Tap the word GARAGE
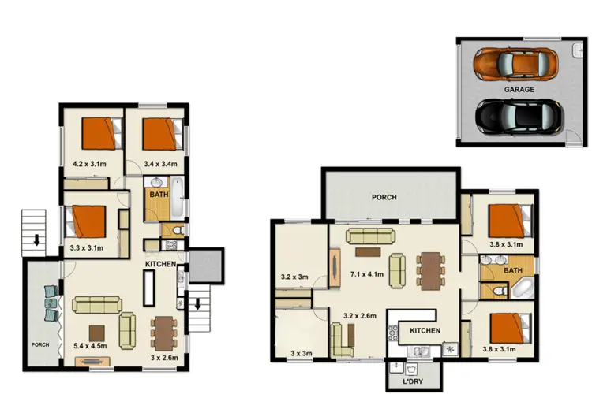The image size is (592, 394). click(519, 90)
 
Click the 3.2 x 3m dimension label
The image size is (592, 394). click(296, 277)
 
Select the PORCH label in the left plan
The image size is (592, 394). click(39, 344)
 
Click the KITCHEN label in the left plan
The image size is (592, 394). click(159, 264)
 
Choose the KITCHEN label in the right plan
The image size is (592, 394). click(425, 330)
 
